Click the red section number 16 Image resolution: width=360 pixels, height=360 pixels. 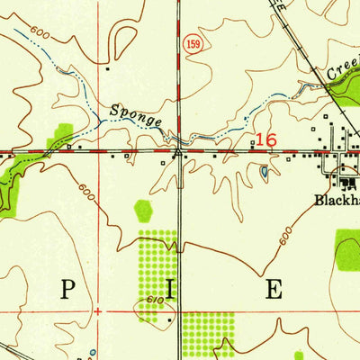[x=265, y=139]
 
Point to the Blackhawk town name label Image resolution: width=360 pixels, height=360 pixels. [x=337, y=200]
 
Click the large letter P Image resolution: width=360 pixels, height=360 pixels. [x=67, y=290]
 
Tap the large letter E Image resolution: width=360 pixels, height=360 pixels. [x=273, y=290]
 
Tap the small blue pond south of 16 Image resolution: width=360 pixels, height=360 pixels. [x=263, y=170]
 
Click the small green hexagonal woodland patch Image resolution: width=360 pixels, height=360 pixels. [x=143, y=211]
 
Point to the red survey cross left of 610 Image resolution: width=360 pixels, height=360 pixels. [x=94, y=310]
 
